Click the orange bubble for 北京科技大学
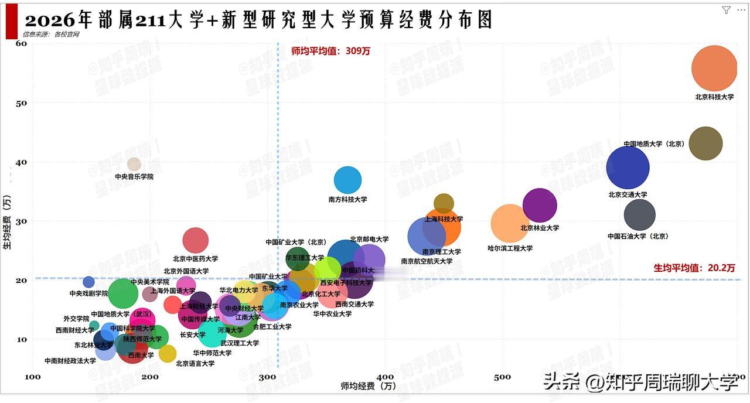tap(714, 69)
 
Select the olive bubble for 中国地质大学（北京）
tap(705, 144)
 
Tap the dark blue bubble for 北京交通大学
tap(628, 168)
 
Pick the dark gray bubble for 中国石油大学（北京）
tap(639, 215)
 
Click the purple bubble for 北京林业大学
tap(539, 206)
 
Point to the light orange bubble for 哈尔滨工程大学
tap(510, 223)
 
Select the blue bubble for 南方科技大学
tap(347, 180)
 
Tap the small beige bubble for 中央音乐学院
tap(134, 164)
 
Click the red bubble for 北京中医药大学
tap(195, 240)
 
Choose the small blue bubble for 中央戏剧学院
tap(88, 282)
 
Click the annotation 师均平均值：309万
tap(330, 51)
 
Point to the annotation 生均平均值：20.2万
tap(694, 268)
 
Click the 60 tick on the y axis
tap(21, 43)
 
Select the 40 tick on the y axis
tap(21, 162)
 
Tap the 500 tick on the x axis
tap(502, 377)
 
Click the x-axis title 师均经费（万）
tap(368, 386)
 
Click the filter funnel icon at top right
tap(726, 10)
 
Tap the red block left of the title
tap(11, 21)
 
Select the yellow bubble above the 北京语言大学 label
tap(167, 353)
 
